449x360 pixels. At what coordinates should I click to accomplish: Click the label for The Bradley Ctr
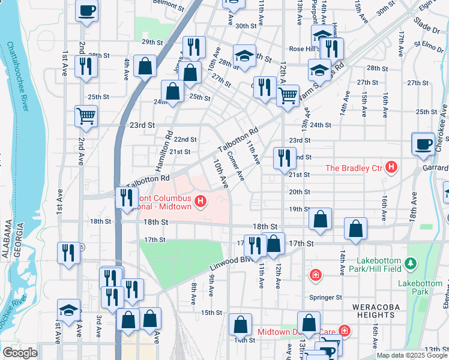click(354, 168)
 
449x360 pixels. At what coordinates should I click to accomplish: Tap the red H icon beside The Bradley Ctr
click(391, 167)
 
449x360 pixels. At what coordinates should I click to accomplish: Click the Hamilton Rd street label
click(164, 151)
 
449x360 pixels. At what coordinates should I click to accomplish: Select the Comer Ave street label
click(235, 166)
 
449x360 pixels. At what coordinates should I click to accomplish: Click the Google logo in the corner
click(20, 353)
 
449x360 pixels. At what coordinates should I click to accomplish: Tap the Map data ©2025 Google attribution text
click(412, 355)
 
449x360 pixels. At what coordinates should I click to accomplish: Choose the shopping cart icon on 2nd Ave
click(86, 116)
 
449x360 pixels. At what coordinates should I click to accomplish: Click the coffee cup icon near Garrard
click(423, 143)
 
